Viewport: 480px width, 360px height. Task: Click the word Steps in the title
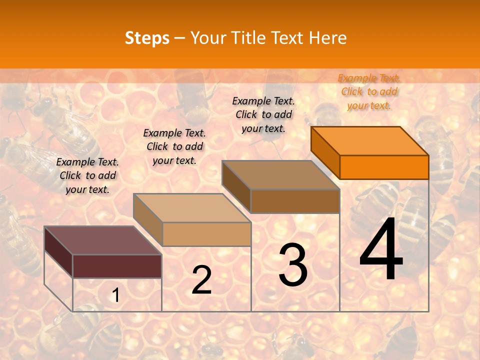coord(147,38)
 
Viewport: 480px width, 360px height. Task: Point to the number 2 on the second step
coord(201,280)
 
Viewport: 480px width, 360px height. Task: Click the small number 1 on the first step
coord(115,295)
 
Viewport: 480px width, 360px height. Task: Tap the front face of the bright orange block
coord(384,167)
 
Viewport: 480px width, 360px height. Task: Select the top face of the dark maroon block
coord(103,240)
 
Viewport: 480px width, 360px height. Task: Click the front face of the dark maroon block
coord(117,266)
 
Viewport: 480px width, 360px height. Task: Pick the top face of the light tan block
coord(192,207)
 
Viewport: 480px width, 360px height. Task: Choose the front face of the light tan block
coord(206,234)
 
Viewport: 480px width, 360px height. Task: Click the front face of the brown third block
coord(295,201)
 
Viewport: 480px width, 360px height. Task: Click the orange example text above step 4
coord(369,91)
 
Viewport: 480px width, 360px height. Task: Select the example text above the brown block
coord(263,114)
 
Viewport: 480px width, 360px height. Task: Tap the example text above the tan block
coord(174,146)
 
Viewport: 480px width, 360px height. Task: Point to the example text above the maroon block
coord(87,175)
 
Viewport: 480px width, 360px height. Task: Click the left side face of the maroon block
coord(58,252)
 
